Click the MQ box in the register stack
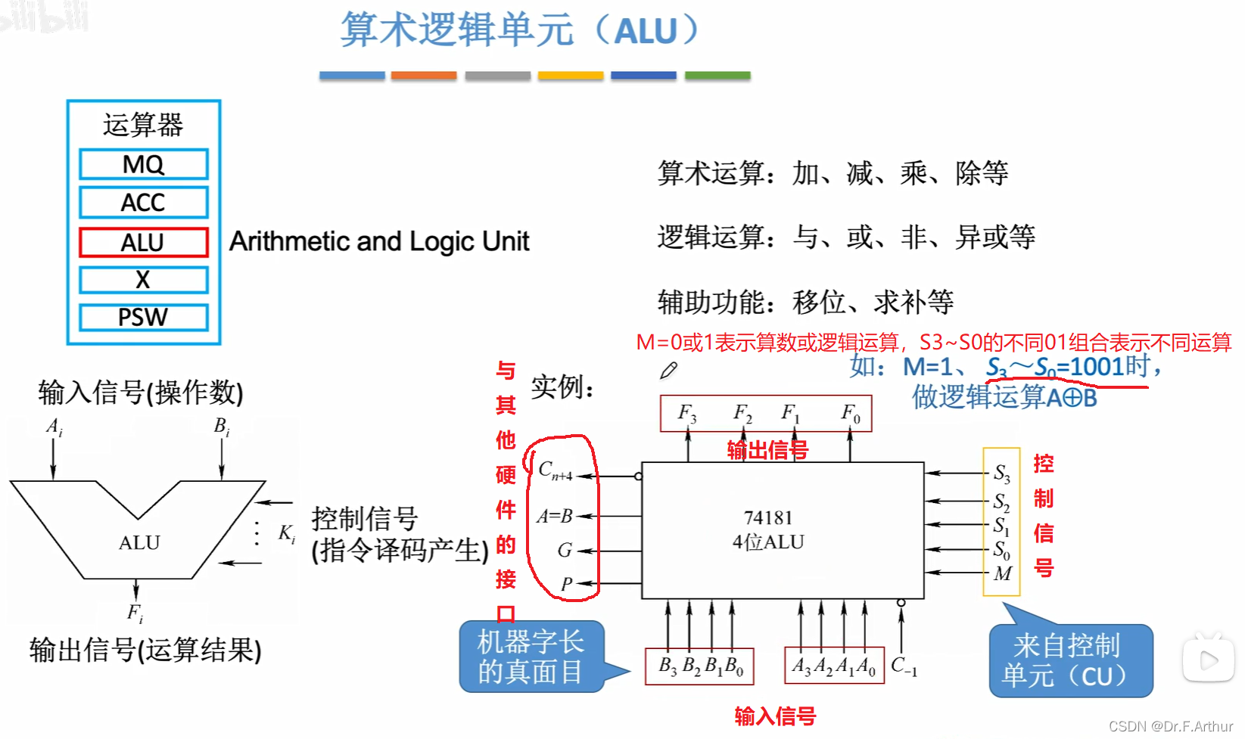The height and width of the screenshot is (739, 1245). pos(143,164)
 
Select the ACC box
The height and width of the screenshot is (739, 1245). pos(143,203)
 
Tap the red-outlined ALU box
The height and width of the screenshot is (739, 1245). pos(143,243)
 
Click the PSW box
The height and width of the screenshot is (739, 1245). pos(143,317)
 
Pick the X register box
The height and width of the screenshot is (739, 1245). pos(143,280)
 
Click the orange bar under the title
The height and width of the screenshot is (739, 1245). pos(424,76)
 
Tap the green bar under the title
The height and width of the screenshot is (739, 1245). pos(717,76)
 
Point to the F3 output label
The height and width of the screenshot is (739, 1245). pos(686,413)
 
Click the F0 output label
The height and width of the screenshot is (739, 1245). pos(851,413)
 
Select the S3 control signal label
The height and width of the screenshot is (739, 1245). pos(1001,474)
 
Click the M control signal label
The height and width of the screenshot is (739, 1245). pos(1003,574)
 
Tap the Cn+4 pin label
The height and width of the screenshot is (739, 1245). pos(555,471)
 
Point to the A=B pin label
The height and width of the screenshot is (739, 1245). pos(554,517)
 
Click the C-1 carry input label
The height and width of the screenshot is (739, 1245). pos(904,666)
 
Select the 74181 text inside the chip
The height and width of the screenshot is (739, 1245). pos(767,518)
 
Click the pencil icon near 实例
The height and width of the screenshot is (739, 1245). pos(668,371)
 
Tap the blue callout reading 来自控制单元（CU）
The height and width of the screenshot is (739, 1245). pos(1070,660)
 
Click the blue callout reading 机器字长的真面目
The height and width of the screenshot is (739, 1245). pos(531,657)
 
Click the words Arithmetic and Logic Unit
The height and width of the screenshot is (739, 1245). pos(379,242)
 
